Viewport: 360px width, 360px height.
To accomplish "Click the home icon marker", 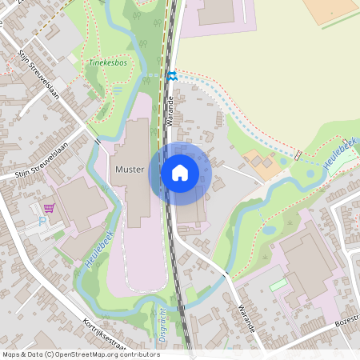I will [x=180, y=172].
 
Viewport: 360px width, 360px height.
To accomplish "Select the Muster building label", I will [x=129, y=170].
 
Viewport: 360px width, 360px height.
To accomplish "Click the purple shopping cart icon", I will [x=50, y=208].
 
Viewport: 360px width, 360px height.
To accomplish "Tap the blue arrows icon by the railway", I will [x=172, y=76].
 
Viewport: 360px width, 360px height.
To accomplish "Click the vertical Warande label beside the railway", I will [x=170, y=113].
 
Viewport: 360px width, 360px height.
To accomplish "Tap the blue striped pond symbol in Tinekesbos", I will [x=118, y=90].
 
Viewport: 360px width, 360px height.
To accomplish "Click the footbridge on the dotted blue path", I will [x=298, y=154].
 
